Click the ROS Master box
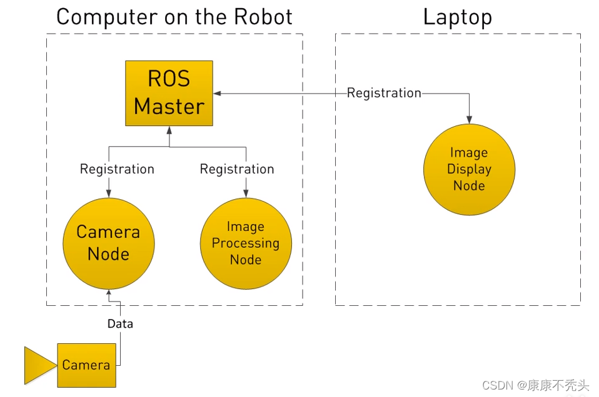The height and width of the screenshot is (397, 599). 169,93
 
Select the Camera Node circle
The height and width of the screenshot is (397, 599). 109,243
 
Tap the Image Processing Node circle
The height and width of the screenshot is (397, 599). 246,243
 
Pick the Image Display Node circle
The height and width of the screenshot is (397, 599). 470,170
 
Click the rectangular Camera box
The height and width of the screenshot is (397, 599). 87,365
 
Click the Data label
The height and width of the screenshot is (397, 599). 120,324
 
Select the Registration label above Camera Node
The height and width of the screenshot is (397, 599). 117,169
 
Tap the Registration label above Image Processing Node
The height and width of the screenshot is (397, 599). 237,169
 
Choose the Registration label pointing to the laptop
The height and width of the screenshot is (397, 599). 384,93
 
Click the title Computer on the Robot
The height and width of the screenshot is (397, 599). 174,17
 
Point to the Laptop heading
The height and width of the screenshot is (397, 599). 458,17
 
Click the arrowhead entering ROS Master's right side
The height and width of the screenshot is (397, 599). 217,93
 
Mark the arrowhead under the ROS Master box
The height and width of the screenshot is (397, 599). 169,130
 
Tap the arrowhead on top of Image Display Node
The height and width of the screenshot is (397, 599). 470,120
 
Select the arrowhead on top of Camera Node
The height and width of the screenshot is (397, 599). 109,194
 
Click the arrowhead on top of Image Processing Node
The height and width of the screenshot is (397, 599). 246,194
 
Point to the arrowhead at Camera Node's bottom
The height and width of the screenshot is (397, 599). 109,292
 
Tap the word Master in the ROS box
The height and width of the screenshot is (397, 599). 169,106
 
